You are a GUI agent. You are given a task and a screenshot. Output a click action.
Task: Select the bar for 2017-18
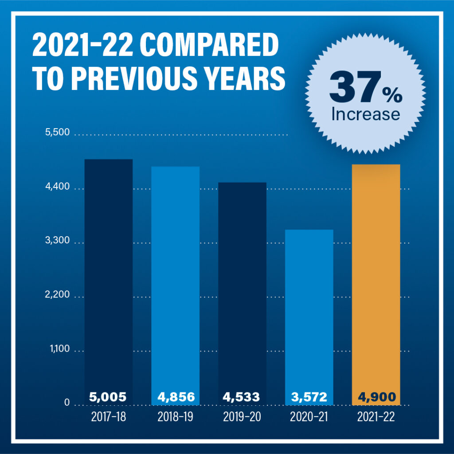[109, 275]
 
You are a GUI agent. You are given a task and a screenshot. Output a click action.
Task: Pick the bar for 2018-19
[175, 279]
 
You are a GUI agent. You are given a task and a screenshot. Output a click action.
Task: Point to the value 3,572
[309, 396]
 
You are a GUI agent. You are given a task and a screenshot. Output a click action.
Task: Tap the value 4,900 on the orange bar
[376, 396]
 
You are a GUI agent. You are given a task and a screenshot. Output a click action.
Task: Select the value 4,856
[175, 396]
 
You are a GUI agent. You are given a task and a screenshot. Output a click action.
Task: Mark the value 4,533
[242, 396]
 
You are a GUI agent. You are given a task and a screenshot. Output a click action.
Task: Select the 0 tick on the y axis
[67, 403]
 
